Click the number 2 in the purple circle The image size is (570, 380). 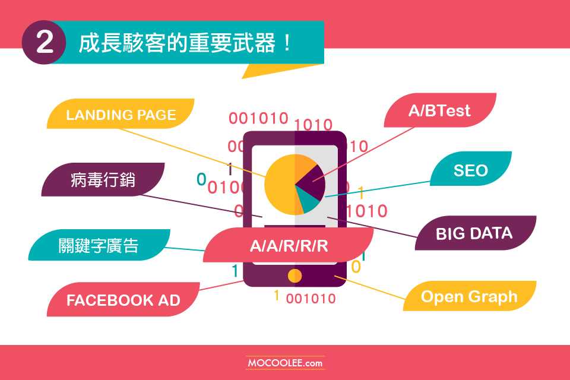pos(45,42)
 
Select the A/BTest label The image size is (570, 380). pos(440,110)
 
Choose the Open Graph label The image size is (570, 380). pos(469,296)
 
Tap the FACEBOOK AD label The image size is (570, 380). pos(123,300)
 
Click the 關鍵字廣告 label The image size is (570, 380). pos(99,245)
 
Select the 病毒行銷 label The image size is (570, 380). pos(103,180)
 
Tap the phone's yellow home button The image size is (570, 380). pos(294,275)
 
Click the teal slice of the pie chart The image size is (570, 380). pos(308,202)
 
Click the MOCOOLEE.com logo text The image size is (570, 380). pos(285,363)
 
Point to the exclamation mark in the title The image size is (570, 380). pos(287,43)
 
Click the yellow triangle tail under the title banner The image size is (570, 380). pos(276,70)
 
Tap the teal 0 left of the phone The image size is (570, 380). pos(201,179)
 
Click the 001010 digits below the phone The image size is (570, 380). pos(311,299)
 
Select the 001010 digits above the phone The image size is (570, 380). pos(258,118)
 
